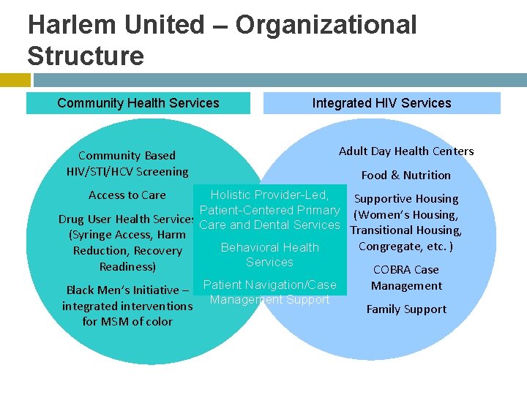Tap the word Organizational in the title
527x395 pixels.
click(x=326, y=25)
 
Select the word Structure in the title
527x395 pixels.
click(x=86, y=56)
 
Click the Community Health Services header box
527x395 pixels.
click(x=138, y=103)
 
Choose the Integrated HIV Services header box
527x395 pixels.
click(x=381, y=103)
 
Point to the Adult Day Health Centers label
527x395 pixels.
click(x=406, y=151)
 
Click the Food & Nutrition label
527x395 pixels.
click(x=406, y=175)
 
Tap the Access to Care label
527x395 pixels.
click(x=127, y=195)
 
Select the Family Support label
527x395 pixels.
click(x=406, y=309)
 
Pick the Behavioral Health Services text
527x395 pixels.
click(x=269, y=255)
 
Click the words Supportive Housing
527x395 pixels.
click(x=406, y=199)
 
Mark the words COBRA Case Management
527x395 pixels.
click(x=406, y=277)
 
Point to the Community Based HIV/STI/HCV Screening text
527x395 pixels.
click(x=127, y=163)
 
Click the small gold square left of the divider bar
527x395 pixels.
click(x=15, y=80)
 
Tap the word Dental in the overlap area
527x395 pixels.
click(x=272, y=225)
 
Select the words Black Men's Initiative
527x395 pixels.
click(x=122, y=290)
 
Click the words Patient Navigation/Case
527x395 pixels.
click(x=269, y=285)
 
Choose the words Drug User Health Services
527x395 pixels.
click(x=126, y=219)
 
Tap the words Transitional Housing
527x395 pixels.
click(x=406, y=230)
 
